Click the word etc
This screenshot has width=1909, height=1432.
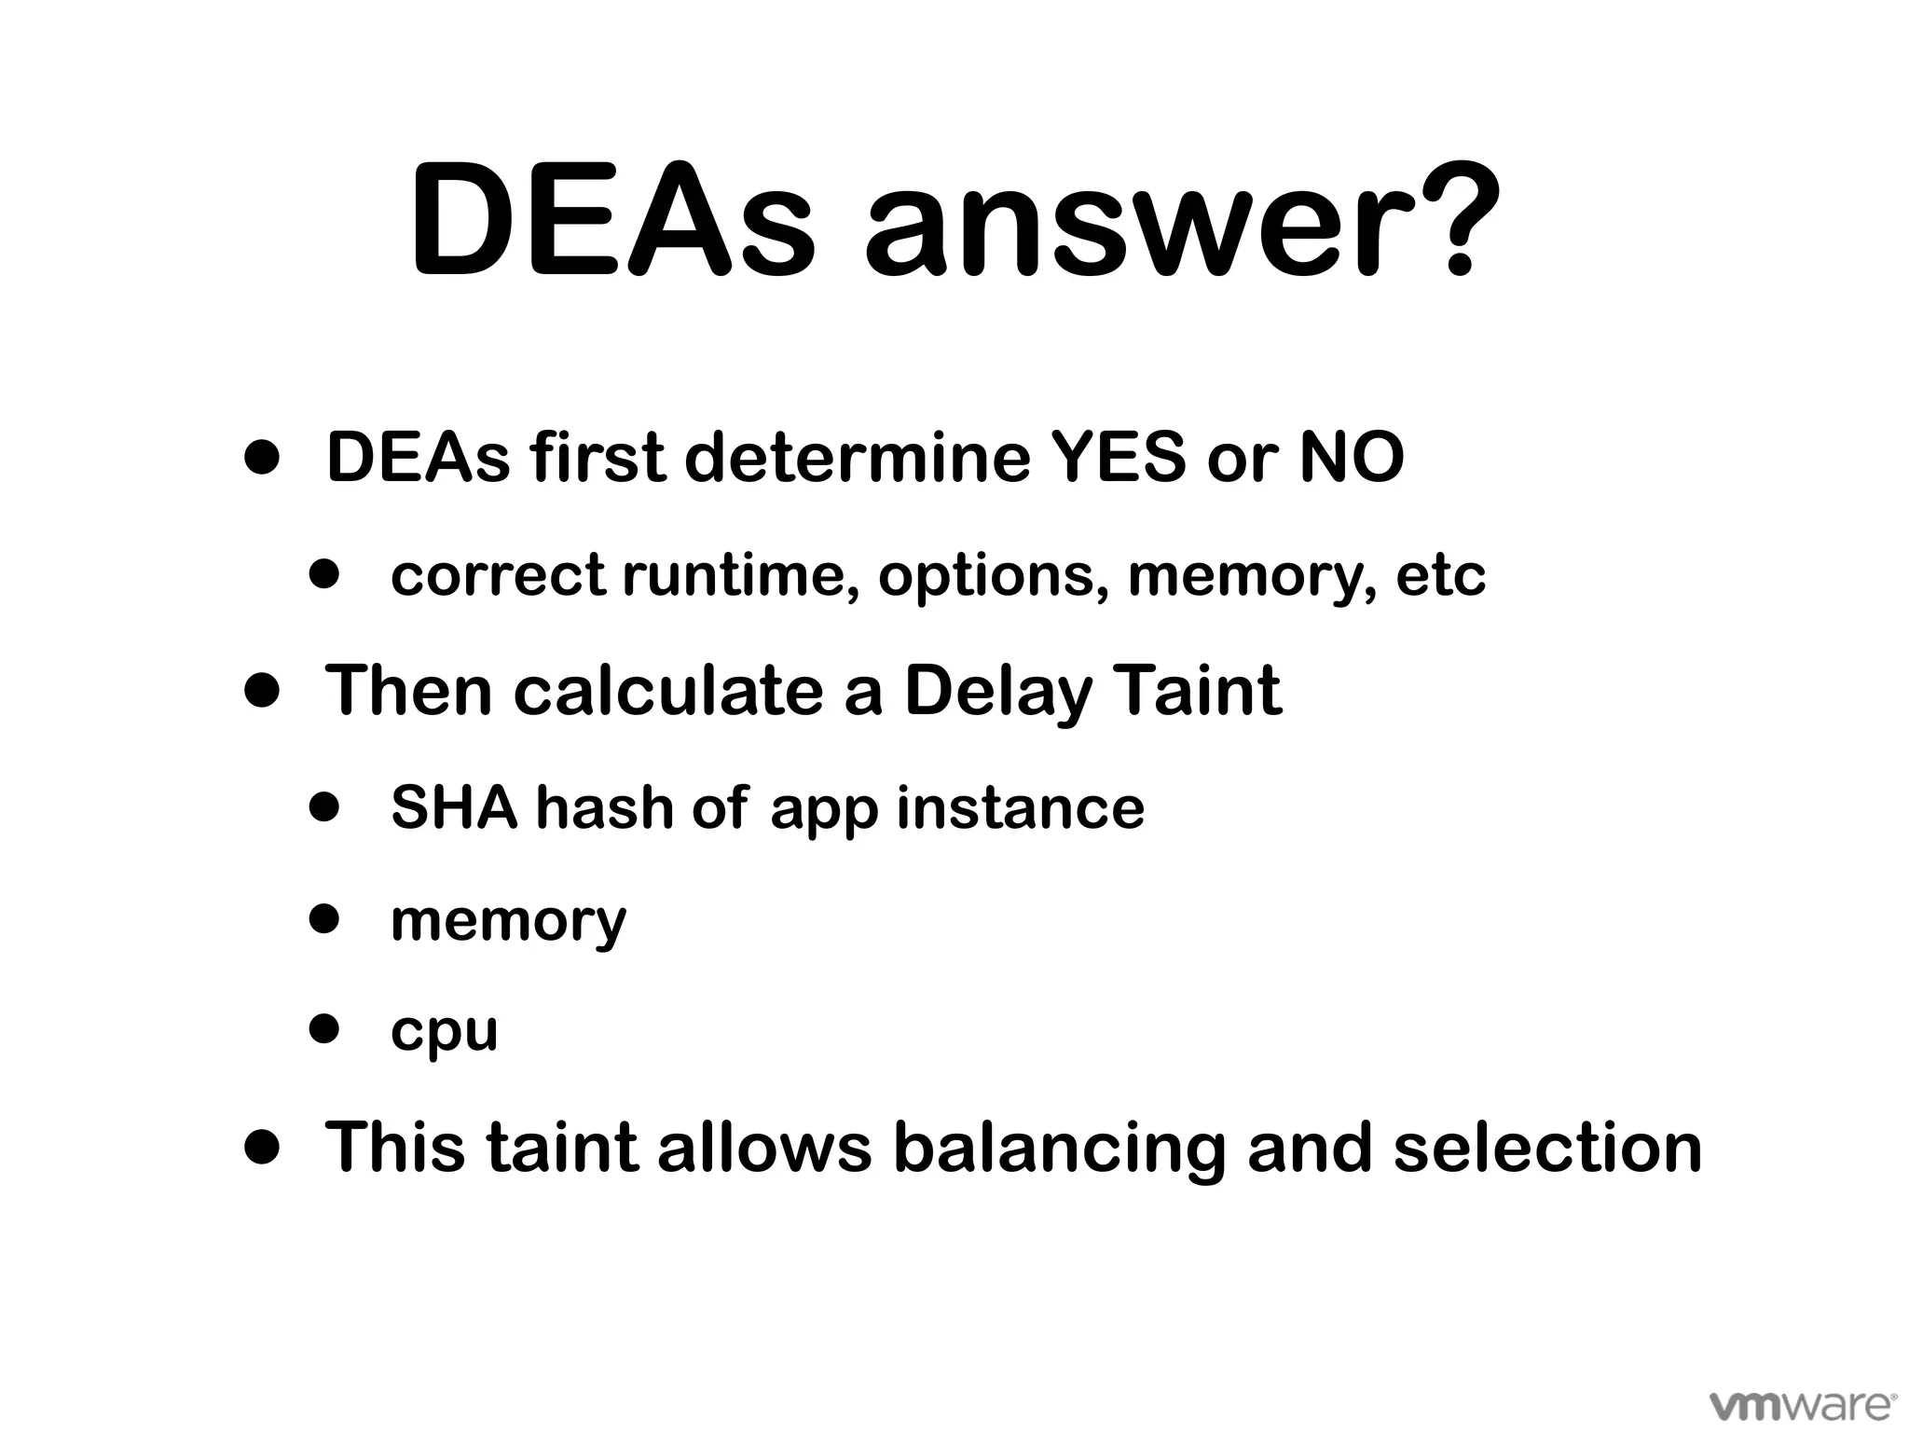(1440, 574)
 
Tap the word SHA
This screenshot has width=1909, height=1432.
(454, 806)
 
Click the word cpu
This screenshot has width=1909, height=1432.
(444, 1031)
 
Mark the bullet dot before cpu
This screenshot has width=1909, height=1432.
(324, 1029)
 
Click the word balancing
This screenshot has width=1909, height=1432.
(1059, 1147)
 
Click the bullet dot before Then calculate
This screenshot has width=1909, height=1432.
(262, 691)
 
